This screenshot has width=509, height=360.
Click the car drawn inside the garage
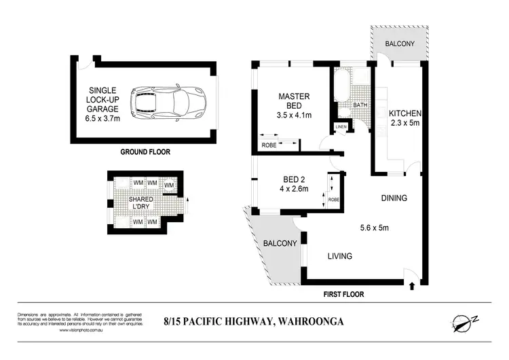(x=169, y=101)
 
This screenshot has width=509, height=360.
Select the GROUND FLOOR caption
(x=145, y=152)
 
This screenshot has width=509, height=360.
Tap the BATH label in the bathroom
(x=360, y=106)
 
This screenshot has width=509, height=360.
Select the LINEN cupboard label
(x=341, y=127)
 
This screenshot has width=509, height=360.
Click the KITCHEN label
(x=405, y=113)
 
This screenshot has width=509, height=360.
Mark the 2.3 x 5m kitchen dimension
(x=405, y=124)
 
